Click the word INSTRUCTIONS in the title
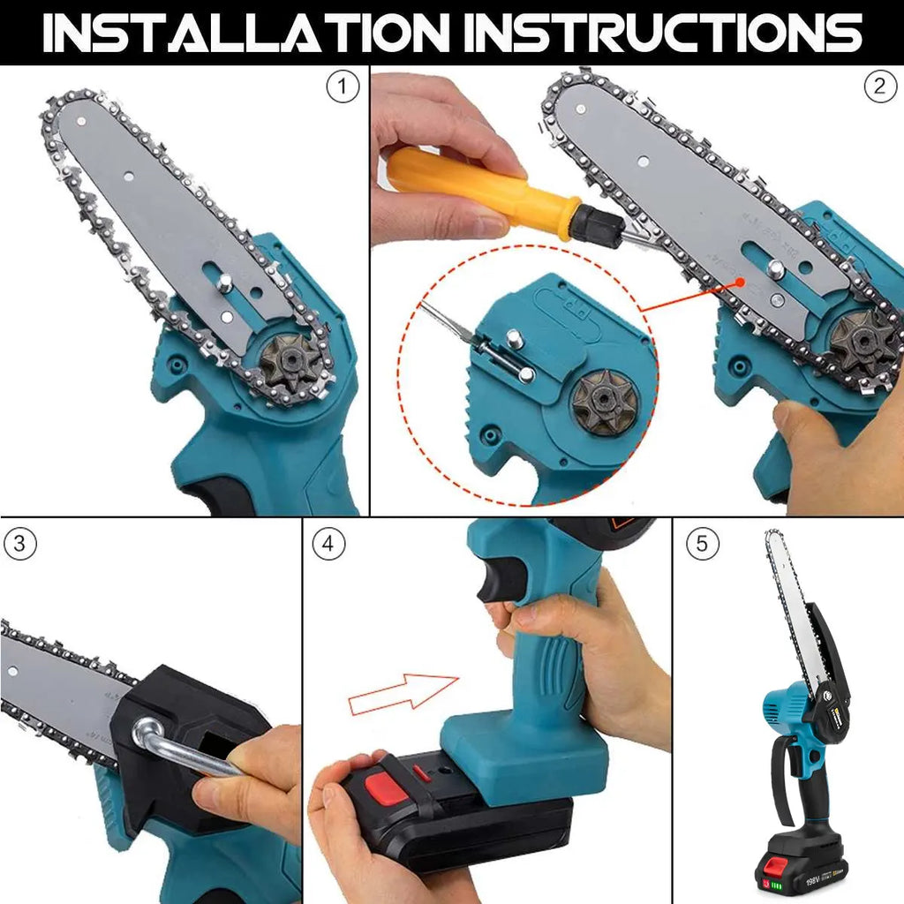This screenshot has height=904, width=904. (663, 32)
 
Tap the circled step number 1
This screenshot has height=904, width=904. (343, 87)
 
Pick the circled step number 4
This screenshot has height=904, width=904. (328, 545)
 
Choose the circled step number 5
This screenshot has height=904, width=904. (702, 544)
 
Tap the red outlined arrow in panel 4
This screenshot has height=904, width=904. (403, 694)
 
